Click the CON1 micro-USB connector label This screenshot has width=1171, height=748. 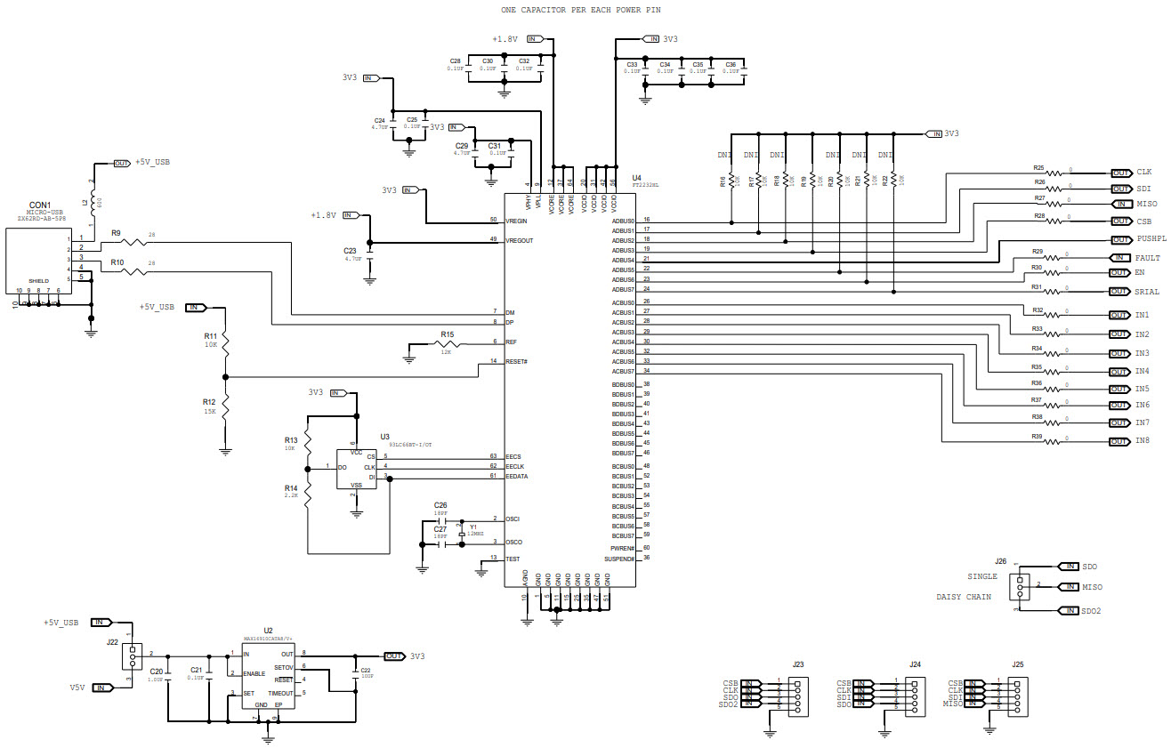coord(40,205)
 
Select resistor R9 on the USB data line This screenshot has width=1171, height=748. coord(133,241)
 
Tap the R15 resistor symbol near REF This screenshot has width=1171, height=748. coord(445,342)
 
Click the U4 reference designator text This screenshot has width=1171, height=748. coord(636,178)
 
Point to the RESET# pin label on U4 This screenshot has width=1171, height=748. coord(517,361)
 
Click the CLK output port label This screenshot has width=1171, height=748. coord(1144,172)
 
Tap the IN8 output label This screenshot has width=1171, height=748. coord(1143,441)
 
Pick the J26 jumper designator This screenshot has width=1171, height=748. coord(1001,561)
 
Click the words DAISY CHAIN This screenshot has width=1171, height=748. coord(965,597)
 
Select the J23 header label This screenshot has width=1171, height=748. coord(798,664)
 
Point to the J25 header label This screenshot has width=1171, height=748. coord(1018,664)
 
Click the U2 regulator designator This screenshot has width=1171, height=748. coord(268,630)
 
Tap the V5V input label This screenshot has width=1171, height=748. coord(77,688)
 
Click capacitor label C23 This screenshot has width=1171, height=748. coord(350,251)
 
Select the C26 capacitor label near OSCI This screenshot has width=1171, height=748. coord(440,505)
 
